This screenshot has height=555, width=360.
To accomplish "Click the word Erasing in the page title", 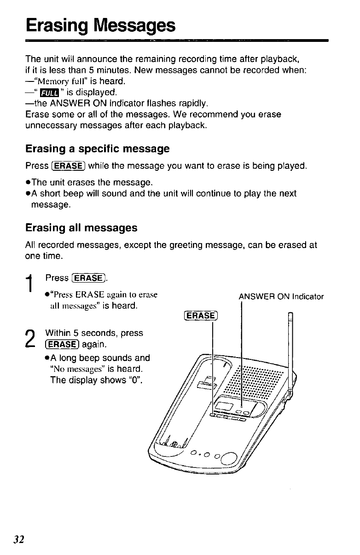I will coord(56,25).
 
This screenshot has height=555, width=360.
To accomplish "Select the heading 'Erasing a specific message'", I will coord(98,149).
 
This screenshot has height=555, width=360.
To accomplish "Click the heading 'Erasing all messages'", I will coord(81,228).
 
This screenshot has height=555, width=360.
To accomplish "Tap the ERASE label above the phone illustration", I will coord(200,315).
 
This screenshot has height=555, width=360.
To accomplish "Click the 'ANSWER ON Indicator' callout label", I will coord(281,297).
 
